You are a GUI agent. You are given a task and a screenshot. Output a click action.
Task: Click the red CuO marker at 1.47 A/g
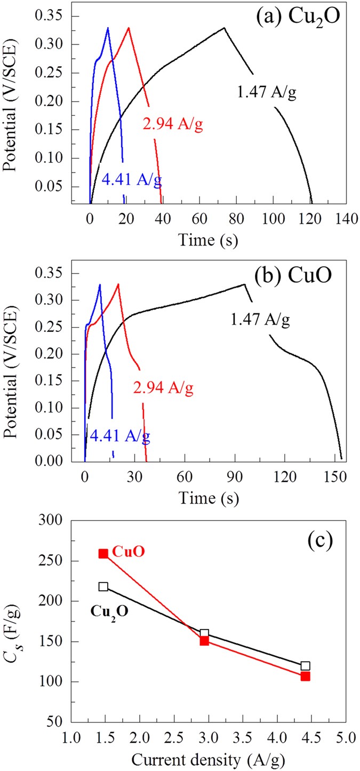tap(103, 554)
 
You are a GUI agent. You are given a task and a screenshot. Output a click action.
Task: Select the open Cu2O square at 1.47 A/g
tap(103, 586)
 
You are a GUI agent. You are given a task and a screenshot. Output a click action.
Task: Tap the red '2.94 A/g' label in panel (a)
tap(173, 125)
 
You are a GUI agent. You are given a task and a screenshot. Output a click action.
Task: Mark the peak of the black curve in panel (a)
tap(225, 28)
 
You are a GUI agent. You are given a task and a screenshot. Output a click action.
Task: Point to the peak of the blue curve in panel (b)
tap(100, 284)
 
